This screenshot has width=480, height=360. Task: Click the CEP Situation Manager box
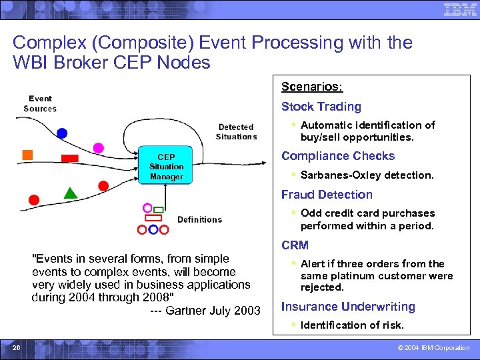tap(166, 165)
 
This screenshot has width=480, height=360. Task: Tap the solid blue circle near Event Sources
tap(62, 133)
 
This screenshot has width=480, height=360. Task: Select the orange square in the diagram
tap(27, 155)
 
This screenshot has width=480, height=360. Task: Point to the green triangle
tap(71, 193)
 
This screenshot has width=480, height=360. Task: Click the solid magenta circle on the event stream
tap(99, 147)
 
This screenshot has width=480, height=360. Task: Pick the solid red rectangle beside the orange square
tap(69, 159)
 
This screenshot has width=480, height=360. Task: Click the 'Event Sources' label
tap(40, 103)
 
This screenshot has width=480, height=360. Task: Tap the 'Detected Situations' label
tap(236, 131)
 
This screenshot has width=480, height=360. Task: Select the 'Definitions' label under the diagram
tap(199, 219)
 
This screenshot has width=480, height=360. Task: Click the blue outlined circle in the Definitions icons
tap(153, 229)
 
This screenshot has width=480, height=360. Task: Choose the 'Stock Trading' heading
tap(321, 107)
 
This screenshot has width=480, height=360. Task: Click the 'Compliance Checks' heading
tap(337, 156)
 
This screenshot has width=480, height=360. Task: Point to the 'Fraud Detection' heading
tap(327, 195)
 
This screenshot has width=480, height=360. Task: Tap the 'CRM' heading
tap(295, 245)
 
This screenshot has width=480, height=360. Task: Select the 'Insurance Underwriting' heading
tap(348, 307)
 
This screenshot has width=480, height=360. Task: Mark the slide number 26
tap(16, 347)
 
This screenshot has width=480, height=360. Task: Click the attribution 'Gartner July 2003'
tap(213, 311)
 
